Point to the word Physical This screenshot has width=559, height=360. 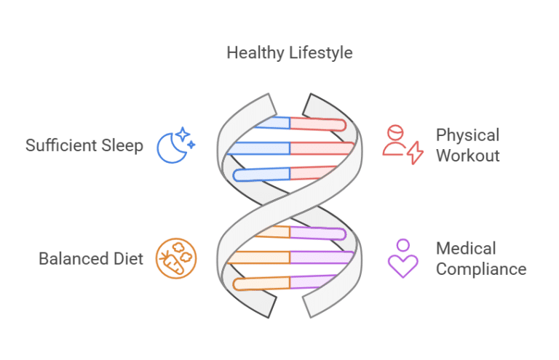pyautogui.click(x=467, y=135)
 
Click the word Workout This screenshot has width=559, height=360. pyautogui.click(x=467, y=155)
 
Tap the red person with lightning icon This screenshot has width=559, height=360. pyautogui.click(x=402, y=144)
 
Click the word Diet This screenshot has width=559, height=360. pyautogui.click(x=127, y=258)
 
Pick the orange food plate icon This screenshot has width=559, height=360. pyautogui.click(x=177, y=258)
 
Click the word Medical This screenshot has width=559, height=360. pyautogui.click(x=466, y=249)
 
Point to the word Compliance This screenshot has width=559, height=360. pyautogui.click(x=480, y=269)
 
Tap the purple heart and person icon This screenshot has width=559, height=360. pyautogui.click(x=403, y=258)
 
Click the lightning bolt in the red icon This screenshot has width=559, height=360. pyautogui.click(x=414, y=153)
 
